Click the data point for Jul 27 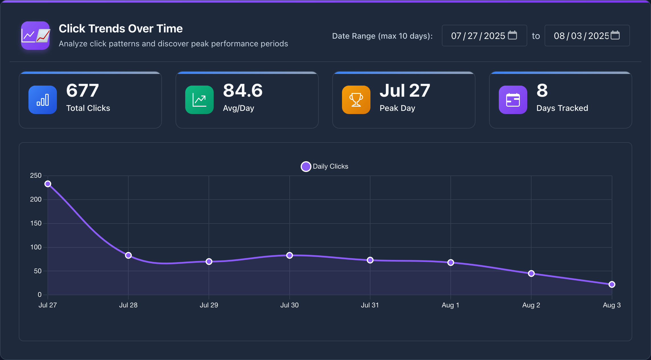tap(48, 184)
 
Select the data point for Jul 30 tap(289, 255)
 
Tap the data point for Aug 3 tap(612, 284)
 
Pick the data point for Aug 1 tap(450, 262)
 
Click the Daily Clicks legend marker tap(306, 167)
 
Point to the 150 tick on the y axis tap(36, 223)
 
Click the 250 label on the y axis tap(36, 176)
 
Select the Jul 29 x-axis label tap(209, 305)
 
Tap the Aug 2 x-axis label tap(531, 305)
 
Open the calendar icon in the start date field tap(512, 35)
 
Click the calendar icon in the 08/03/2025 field tap(615, 35)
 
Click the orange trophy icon tap(356, 100)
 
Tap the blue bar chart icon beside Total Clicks tap(43, 100)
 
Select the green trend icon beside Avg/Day tap(199, 100)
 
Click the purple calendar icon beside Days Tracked tap(513, 100)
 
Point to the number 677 tap(83, 91)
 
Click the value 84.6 tap(243, 91)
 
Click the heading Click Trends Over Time tap(121, 29)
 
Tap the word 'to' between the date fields tap(536, 36)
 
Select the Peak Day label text tap(397, 108)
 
